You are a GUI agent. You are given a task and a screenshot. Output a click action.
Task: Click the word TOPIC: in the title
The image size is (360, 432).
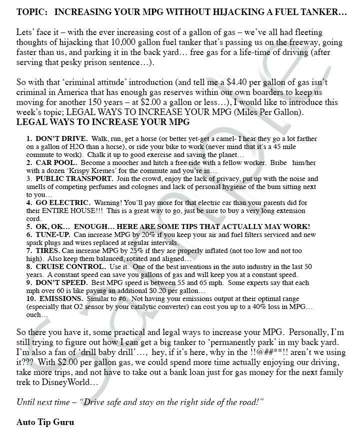31,12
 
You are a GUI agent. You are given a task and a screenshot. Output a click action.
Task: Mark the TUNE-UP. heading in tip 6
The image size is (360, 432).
53,234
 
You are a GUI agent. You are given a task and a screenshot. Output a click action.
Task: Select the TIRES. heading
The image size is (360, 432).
47,250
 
